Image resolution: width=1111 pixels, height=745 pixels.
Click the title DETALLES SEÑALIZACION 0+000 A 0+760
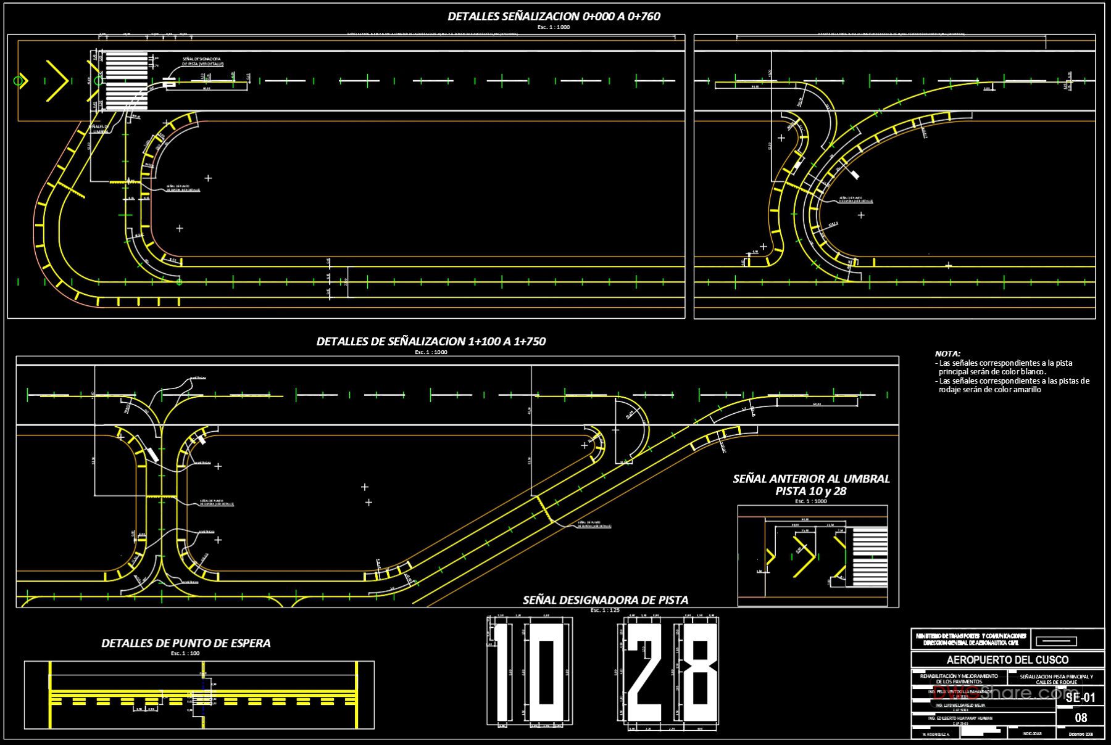[x=554, y=17]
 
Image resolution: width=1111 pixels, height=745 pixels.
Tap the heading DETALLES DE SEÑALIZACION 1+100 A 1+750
[x=431, y=342]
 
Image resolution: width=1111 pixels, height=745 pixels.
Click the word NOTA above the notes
[x=947, y=354]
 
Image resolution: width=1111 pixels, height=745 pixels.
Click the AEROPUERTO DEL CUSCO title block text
[x=1007, y=660]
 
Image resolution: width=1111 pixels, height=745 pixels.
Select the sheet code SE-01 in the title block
[x=1080, y=698]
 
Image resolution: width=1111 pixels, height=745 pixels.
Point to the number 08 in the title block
[x=1081, y=718]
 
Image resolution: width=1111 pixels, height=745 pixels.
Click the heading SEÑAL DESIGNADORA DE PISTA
[x=605, y=600]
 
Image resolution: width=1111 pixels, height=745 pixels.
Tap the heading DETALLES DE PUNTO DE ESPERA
[x=186, y=643]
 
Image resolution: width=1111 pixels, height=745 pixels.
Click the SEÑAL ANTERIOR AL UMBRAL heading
[x=811, y=479]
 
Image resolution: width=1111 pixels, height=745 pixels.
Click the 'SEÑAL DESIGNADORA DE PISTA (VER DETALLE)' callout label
[x=202, y=62]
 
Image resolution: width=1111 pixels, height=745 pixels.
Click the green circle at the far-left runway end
[x=19, y=81]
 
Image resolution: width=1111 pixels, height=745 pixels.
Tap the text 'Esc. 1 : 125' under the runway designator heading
[x=605, y=611]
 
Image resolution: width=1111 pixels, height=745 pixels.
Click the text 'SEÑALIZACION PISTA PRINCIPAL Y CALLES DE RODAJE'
[x=1056, y=679]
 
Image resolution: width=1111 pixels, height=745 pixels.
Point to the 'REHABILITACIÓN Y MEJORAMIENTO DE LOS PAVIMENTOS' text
[x=959, y=679]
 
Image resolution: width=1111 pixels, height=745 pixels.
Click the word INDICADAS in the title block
[x=1031, y=734]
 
